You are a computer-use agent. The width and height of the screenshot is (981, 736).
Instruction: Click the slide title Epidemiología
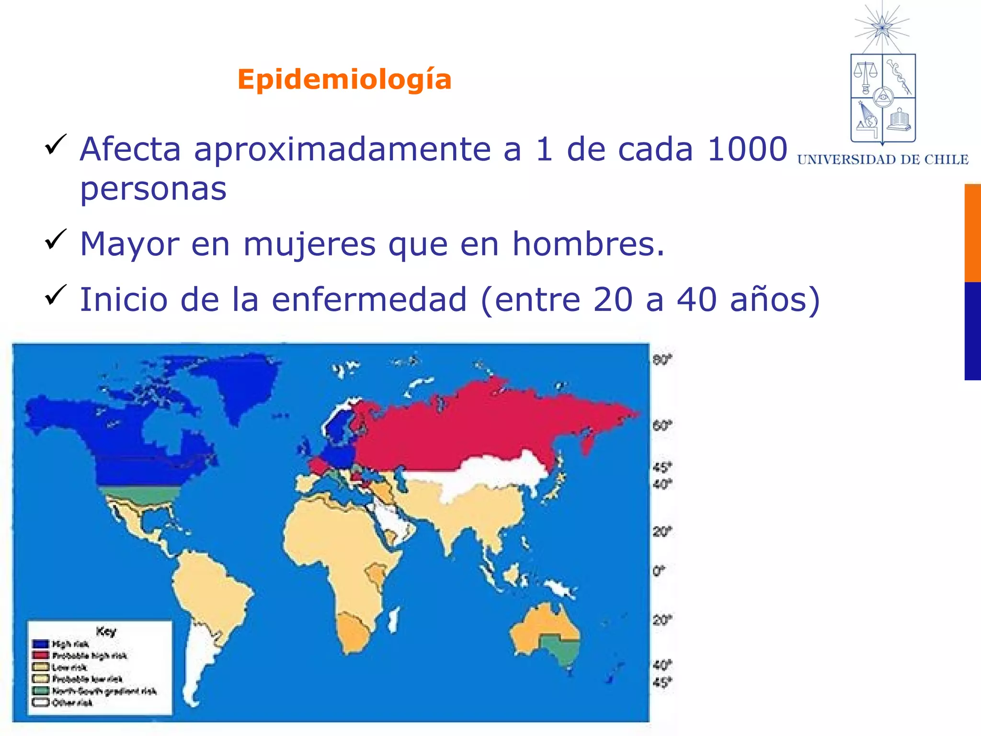(344, 79)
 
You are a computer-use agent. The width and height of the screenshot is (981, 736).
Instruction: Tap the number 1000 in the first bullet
(747, 149)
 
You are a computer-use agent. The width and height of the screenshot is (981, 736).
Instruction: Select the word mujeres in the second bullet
(309, 244)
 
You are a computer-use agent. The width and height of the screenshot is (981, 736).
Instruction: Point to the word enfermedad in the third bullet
(369, 299)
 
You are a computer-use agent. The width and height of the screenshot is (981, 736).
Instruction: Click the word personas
(153, 189)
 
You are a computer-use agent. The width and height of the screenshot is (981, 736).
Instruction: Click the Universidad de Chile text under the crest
(883, 160)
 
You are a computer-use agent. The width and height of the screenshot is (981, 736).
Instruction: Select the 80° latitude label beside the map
(662, 360)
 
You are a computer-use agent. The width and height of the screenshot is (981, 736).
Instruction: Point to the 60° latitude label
(662, 425)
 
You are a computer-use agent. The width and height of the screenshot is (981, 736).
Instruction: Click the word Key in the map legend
(106, 632)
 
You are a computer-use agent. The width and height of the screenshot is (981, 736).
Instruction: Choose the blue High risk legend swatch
(41, 644)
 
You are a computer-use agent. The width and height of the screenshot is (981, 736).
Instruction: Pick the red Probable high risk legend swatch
(41, 655)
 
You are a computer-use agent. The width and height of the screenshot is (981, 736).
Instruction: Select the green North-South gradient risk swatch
(41, 690)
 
